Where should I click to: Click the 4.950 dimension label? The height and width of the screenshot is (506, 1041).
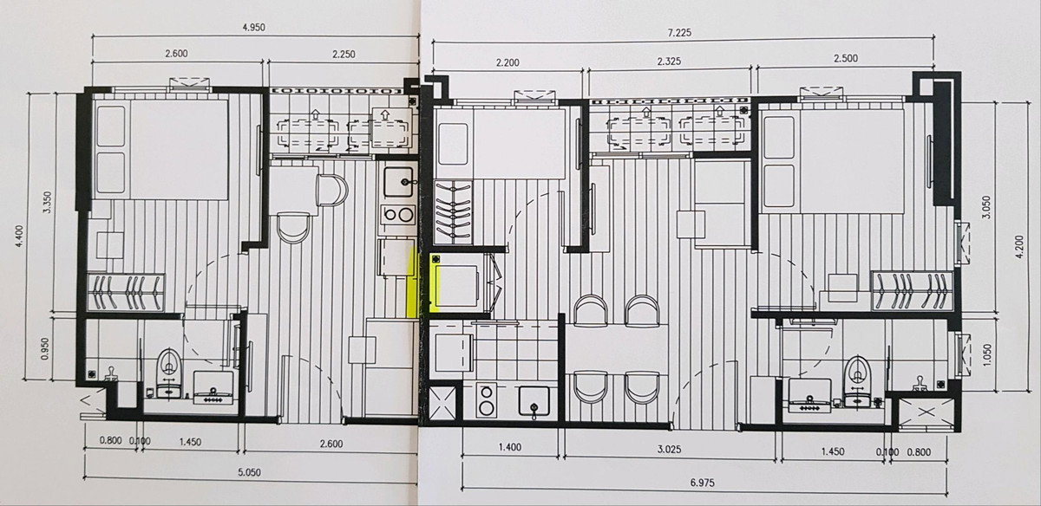253,28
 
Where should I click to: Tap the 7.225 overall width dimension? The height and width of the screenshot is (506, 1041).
679,33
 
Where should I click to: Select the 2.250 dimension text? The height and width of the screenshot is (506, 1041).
344,55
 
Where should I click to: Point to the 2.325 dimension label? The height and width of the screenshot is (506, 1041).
669,62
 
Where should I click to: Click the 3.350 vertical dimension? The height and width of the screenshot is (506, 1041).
47,203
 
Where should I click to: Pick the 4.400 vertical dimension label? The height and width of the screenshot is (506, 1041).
19,237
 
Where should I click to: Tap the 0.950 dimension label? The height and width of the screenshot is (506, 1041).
45,348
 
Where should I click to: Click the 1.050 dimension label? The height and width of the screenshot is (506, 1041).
987,354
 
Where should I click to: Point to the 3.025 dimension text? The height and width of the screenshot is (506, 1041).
669,449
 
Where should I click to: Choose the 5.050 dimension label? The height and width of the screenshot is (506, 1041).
250,472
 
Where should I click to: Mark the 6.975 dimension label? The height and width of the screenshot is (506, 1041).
702,483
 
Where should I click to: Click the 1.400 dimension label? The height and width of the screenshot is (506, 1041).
510,447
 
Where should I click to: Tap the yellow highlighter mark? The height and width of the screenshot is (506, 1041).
412,284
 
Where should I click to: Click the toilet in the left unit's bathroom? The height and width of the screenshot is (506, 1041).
168,373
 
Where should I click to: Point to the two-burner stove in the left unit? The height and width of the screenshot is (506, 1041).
398,215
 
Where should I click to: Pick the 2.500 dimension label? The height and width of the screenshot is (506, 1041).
846,59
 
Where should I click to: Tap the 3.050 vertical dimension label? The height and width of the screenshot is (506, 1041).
987,207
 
